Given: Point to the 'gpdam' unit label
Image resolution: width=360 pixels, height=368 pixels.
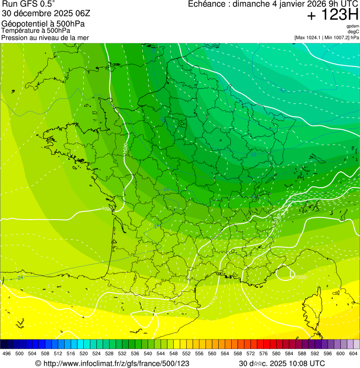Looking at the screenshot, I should point(353,26).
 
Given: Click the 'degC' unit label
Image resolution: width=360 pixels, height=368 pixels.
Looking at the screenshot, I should point(353,31).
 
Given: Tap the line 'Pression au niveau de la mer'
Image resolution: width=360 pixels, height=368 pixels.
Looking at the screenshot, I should point(45,37).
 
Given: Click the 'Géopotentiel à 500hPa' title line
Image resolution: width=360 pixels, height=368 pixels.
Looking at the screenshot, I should point(43,24).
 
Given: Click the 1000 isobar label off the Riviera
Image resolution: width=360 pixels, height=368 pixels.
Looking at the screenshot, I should point(300,277).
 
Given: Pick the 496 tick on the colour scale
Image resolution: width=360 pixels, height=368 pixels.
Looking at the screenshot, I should point(7,353).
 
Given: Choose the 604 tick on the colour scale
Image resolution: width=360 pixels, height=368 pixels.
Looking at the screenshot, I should point(353,353).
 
